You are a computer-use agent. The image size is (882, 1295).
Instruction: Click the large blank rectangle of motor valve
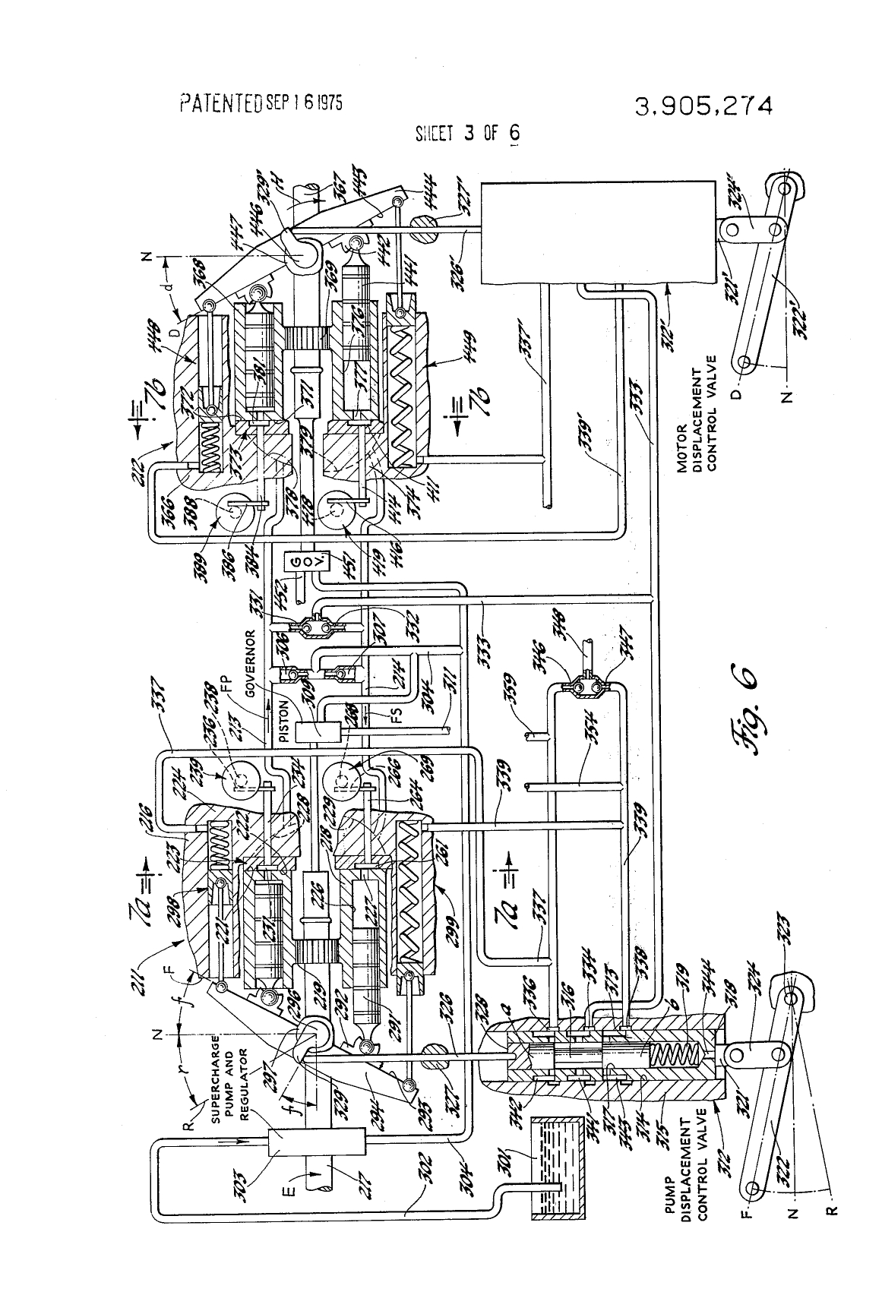pyautogui.click(x=596, y=232)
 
